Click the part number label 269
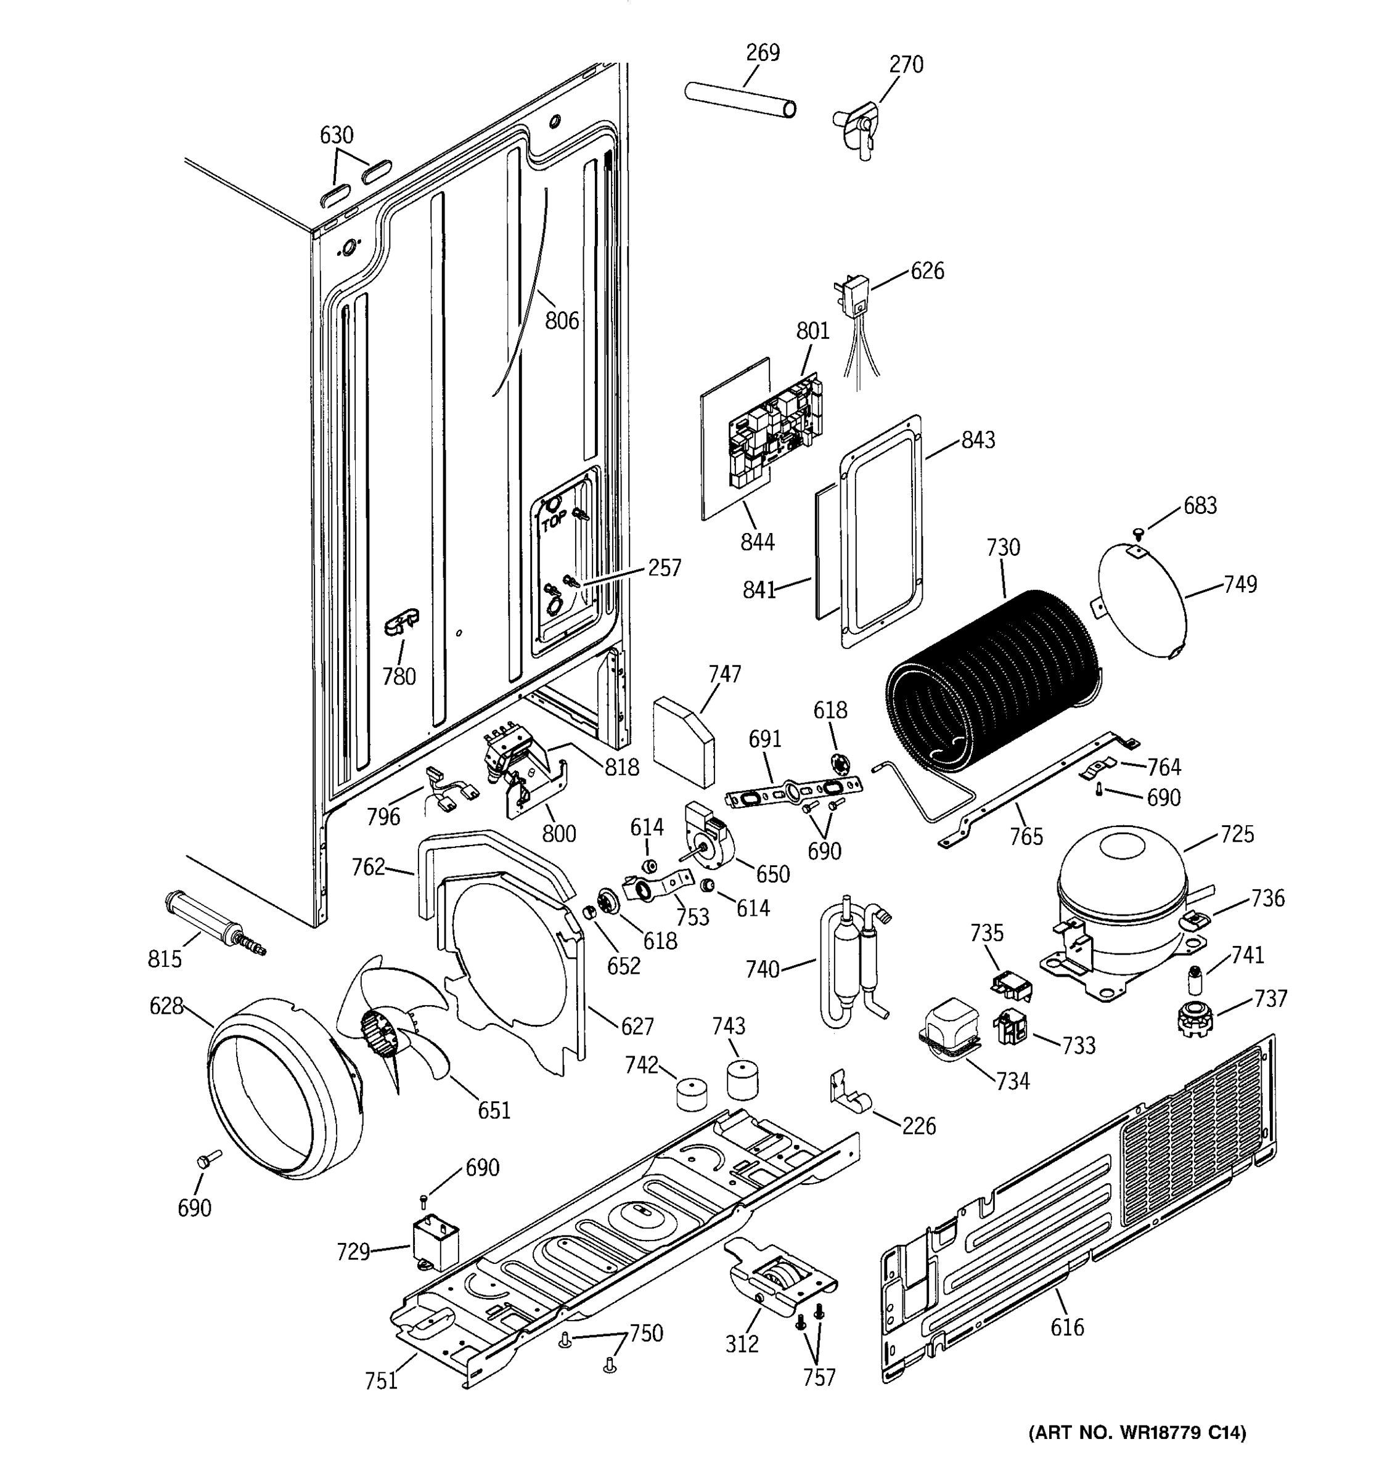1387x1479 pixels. point(763,53)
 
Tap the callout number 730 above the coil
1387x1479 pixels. point(1002,548)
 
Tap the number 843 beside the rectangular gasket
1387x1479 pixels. point(978,441)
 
